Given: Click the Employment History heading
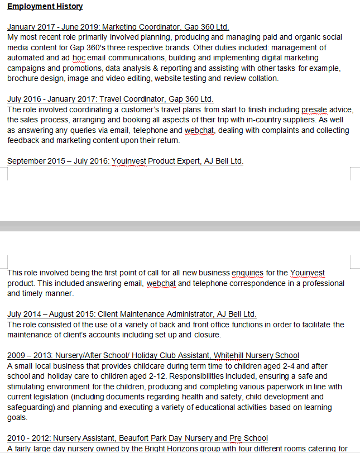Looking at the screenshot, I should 45,7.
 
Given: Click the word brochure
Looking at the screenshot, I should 24,78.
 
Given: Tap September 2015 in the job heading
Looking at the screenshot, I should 31,161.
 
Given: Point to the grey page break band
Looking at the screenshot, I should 180,226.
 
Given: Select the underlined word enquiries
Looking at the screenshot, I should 247,273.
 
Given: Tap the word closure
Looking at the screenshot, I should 207,335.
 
